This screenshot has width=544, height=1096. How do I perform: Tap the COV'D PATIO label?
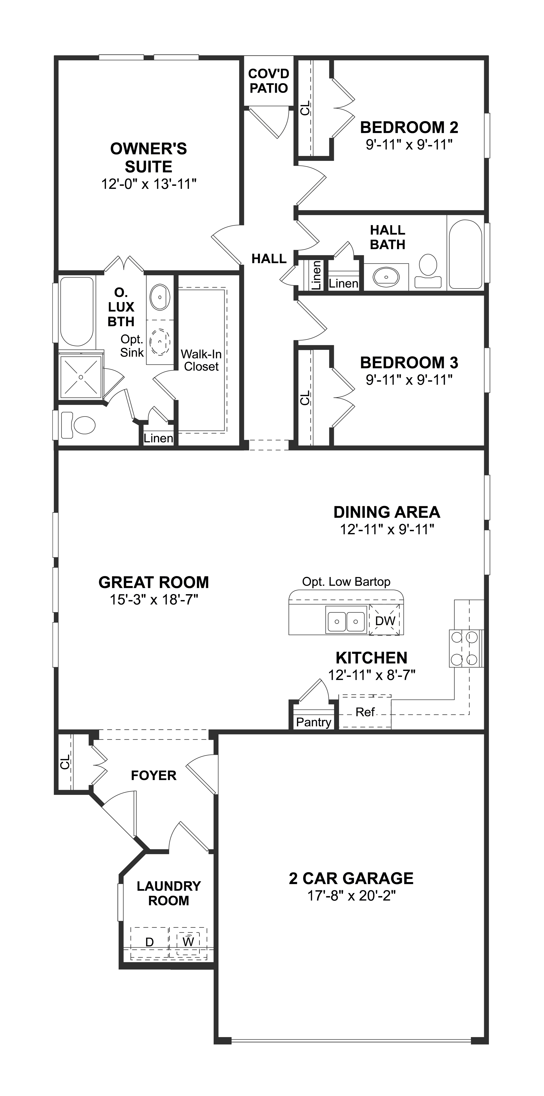(x=269, y=81)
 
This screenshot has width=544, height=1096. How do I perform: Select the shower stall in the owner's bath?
(x=81, y=377)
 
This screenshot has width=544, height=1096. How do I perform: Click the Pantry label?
(x=314, y=722)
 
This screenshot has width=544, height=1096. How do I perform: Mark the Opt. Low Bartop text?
(x=346, y=582)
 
